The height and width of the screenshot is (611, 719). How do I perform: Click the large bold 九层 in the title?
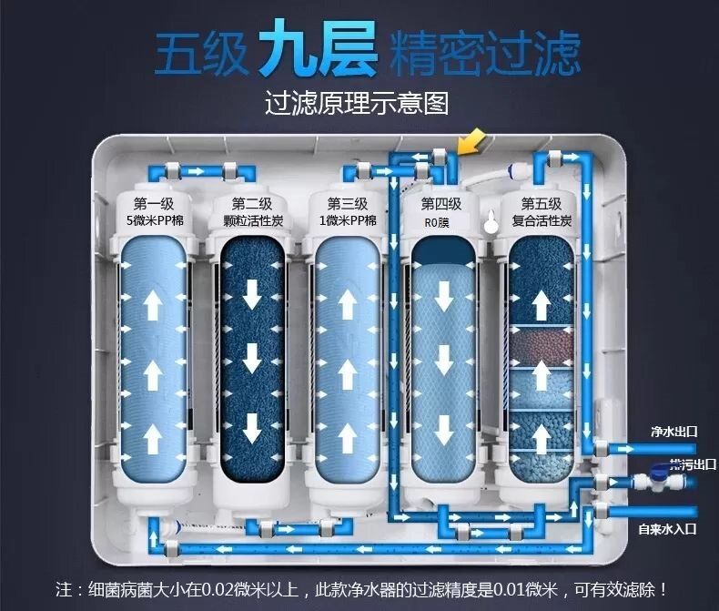click(318, 53)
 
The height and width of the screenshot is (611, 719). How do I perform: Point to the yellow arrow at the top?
click(473, 142)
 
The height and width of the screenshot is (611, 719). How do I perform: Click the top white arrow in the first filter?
click(154, 303)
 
